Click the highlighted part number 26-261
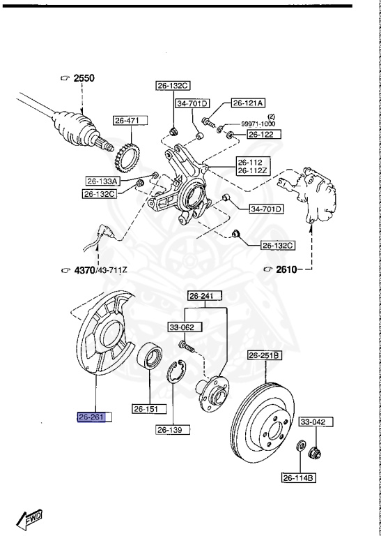[91, 417]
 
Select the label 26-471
[127, 121]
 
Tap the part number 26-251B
[265, 355]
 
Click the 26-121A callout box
[248, 103]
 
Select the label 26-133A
[103, 181]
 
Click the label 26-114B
[299, 478]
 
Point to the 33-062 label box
[181, 326]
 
